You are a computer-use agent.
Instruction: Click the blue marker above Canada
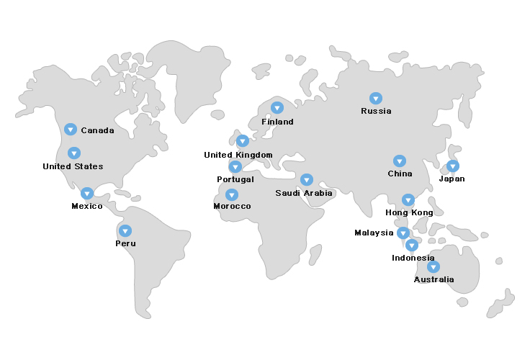click(x=71, y=130)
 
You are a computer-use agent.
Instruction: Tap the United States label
click(x=73, y=166)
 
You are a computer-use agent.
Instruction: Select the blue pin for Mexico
click(x=87, y=194)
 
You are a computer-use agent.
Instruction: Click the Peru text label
click(x=125, y=243)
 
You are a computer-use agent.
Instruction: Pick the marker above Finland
click(x=277, y=108)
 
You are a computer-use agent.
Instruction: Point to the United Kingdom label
click(x=238, y=155)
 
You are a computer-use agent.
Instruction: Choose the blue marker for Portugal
click(x=235, y=167)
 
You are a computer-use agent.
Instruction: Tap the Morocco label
click(x=232, y=207)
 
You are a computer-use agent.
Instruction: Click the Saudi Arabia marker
click(x=307, y=180)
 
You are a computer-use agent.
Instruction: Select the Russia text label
click(x=376, y=111)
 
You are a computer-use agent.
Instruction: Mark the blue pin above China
click(x=400, y=161)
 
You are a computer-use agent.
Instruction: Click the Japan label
click(x=452, y=179)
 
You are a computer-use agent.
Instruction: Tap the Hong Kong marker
click(x=408, y=200)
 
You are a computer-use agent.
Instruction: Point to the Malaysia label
click(x=374, y=233)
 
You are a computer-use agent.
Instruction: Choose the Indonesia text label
click(x=413, y=258)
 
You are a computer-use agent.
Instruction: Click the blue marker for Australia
click(x=433, y=267)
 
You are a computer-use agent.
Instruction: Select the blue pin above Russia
click(x=376, y=98)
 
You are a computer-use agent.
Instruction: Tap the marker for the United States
click(x=74, y=153)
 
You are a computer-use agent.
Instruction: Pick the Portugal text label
click(x=235, y=179)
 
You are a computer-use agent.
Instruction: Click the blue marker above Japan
click(x=452, y=166)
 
